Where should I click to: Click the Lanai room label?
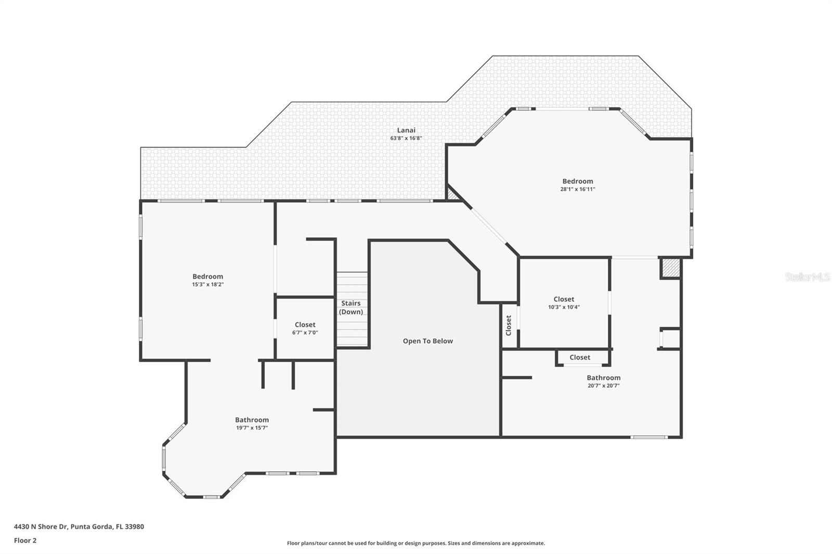tap(406, 130)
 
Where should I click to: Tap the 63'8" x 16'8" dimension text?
tap(406, 138)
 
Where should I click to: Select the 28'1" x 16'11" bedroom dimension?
tap(577, 189)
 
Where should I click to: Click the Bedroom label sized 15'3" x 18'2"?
tap(207, 276)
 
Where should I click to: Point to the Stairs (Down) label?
tap(351, 308)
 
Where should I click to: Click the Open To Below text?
tap(427, 341)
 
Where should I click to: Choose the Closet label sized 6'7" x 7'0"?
tap(305, 325)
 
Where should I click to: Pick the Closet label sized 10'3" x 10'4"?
tap(564, 299)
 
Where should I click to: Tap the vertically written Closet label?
tap(509, 325)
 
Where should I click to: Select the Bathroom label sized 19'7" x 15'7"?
tap(252, 420)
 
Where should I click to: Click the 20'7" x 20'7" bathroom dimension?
tap(603, 386)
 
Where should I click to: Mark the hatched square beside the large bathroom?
tap(670, 268)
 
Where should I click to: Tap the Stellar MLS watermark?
tap(807, 278)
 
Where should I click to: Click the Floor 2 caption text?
tap(25, 540)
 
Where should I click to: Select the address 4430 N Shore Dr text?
tap(79, 526)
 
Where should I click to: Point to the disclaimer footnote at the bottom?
tap(416, 543)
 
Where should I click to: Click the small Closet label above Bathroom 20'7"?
tap(580, 358)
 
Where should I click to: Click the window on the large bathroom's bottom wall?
tap(648, 437)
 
